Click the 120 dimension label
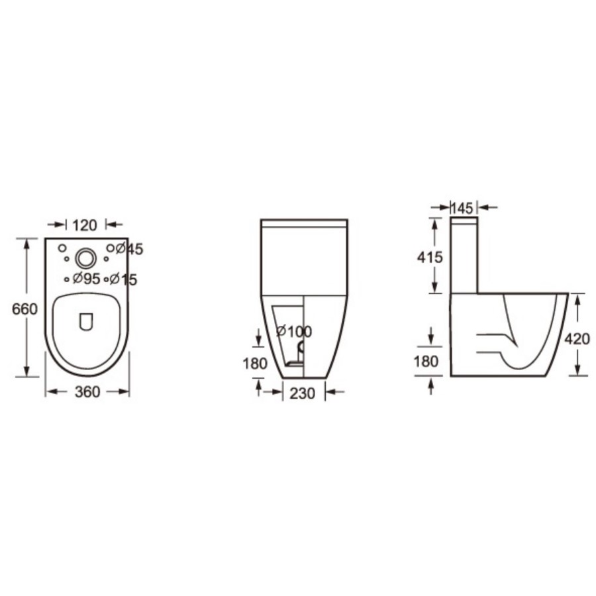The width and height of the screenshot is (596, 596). pos(85,225)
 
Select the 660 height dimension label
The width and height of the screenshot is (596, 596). pos(25,309)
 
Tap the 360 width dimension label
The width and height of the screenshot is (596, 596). pos(87,392)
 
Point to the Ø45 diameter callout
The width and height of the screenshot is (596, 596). pos(130,249)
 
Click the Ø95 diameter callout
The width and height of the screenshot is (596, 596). pos(86,279)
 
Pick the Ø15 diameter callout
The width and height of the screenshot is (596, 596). pos(124,279)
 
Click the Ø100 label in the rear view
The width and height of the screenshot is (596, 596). pos(294,331)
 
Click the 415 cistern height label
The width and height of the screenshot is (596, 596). pos(430,256)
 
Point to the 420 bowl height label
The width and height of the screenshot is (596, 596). pos(577,339)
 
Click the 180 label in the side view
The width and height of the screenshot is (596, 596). pos(427,361)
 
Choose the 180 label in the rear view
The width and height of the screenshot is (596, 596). pos(255,363)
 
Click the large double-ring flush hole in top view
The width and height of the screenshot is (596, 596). pos(85,257)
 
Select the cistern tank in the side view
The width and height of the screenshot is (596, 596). pos(464,255)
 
